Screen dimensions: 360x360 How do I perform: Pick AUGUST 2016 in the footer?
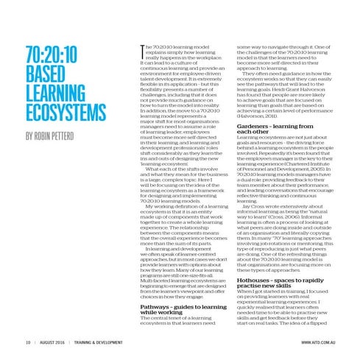click(52, 342)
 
